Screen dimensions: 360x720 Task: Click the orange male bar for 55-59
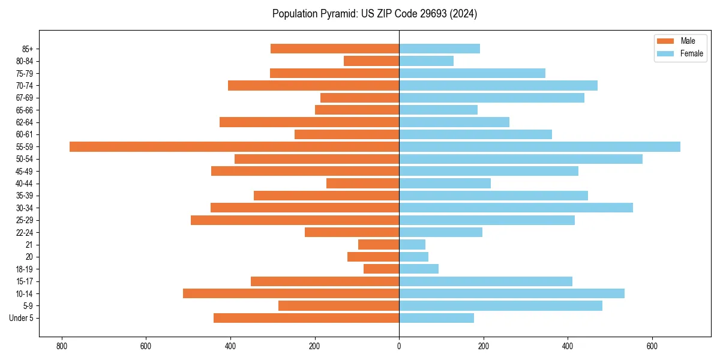(x=234, y=146)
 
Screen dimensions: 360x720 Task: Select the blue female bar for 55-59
(x=539, y=146)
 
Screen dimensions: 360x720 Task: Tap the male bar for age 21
(x=379, y=244)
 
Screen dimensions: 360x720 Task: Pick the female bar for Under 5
(x=436, y=318)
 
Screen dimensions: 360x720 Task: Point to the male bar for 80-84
(x=371, y=61)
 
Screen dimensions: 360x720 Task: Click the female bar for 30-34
(x=516, y=208)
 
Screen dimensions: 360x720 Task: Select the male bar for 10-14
(x=291, y=293)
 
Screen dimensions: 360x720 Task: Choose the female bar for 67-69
(x=491, y=98)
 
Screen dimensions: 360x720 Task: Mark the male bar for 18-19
(x=381, y=269)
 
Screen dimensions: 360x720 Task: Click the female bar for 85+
(x=439, y=49)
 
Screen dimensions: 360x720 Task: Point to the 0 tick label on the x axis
(x=399, y=346)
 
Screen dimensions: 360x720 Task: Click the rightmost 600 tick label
(x=652, y=346)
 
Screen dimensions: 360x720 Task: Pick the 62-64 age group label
(x=24, y=122)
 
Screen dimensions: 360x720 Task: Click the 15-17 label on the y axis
(x=24, y=281)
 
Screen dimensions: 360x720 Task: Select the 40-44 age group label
(x=24, y=184)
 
